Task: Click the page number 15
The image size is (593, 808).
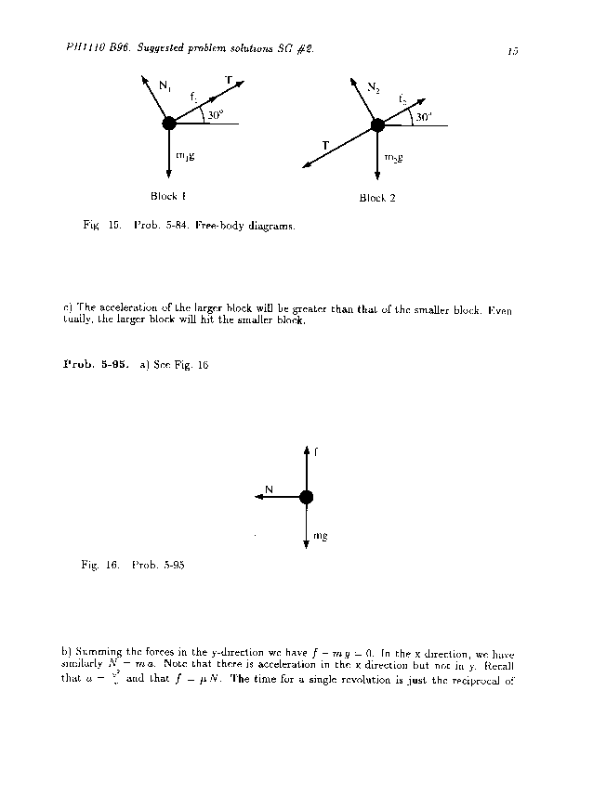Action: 512,52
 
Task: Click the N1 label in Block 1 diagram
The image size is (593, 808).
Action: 164,86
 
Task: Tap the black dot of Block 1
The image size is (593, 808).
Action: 168,124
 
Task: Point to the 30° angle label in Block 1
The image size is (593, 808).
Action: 216,115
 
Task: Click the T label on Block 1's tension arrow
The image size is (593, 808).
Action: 229,81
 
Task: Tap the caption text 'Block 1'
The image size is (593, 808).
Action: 168,196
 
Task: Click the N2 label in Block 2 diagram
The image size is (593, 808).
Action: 373,88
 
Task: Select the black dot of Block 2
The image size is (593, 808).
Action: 377,124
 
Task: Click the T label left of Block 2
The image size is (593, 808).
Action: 325,145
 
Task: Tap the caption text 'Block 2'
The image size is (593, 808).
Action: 377,198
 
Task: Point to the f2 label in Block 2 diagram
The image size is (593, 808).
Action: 402,98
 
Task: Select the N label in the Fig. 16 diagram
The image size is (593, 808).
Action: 270,489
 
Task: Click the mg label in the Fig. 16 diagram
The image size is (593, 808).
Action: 320,536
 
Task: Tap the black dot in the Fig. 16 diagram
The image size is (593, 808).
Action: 306,497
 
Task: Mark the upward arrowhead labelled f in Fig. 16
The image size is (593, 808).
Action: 306,450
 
